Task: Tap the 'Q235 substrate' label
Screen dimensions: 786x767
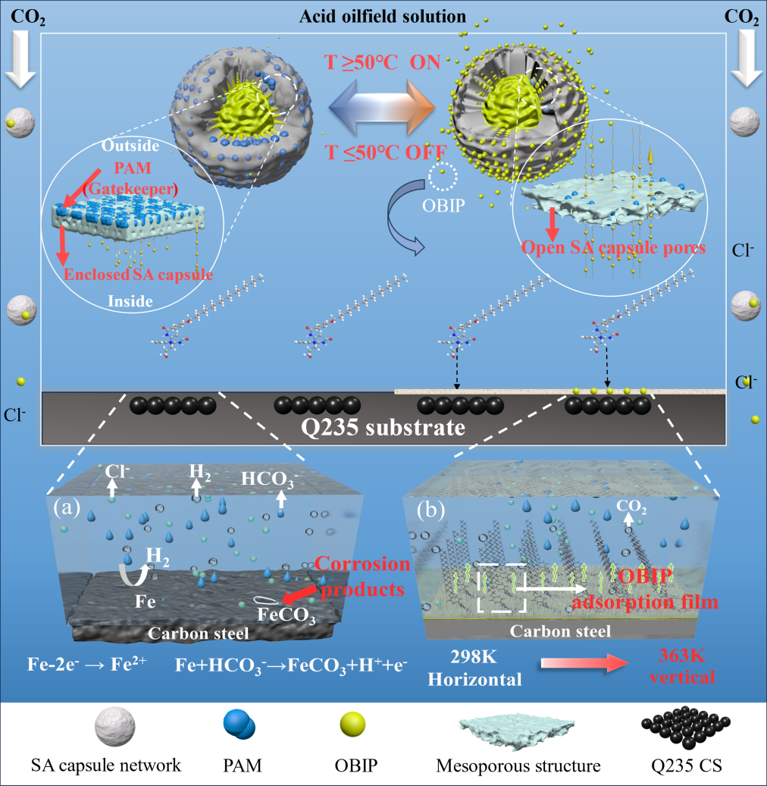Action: click(x=383, y=427)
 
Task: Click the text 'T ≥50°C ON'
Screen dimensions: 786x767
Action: click(x=383, y=63)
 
